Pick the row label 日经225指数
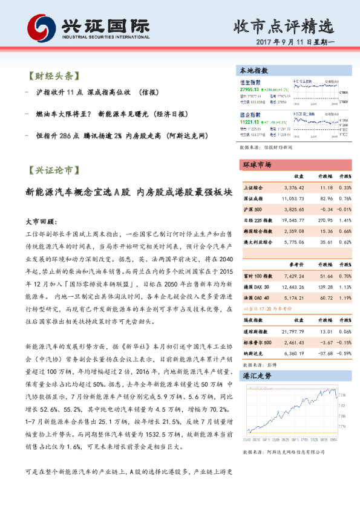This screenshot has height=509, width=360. pos(257,221)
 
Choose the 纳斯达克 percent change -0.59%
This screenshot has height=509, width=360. pos(343,353)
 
